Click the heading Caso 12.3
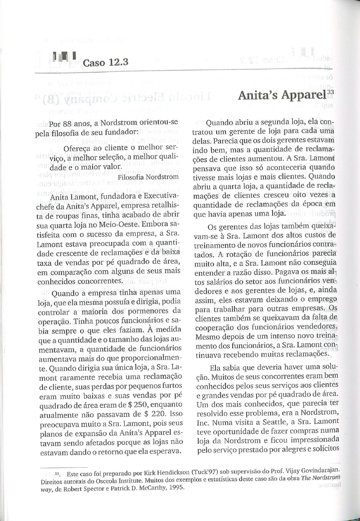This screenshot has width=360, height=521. coord(106,62)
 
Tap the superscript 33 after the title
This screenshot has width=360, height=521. coord(331,92)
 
